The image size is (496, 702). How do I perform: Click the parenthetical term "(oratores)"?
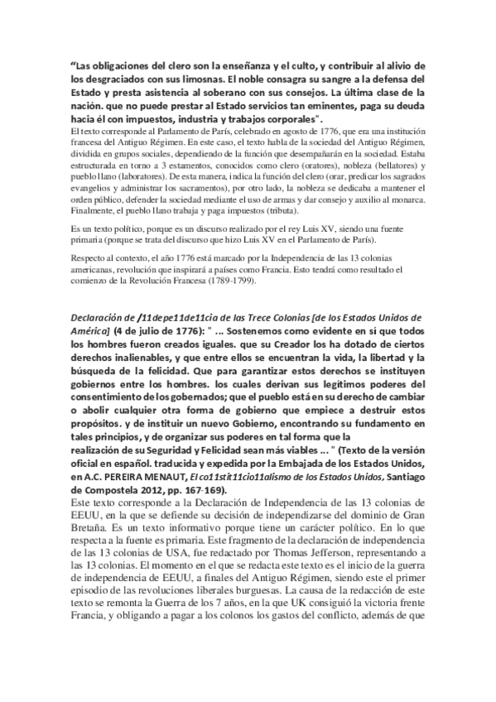320,166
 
